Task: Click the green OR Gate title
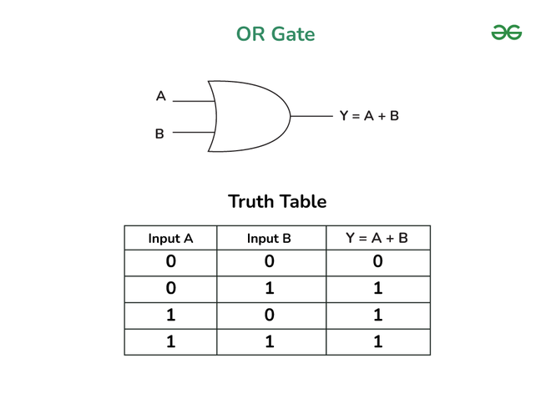click(275, 34)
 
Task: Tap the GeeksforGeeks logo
click(507, 33)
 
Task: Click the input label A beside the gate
click(161, 96)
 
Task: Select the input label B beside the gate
click(159, 134)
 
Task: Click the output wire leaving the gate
click(311, 116)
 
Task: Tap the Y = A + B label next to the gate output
click(369, 116)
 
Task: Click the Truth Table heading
click(277, 201)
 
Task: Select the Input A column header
click(171, 239)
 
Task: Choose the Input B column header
click(269, 239)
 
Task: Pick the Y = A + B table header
click(377, 238)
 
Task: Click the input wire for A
click(194, 101)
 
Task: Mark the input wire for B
click(194, 133)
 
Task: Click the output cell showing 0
click(377, 261)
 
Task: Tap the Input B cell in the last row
click(270, 341)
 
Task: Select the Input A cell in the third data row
click(171, 315)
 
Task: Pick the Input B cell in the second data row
click(270, 288)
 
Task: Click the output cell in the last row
click(377, 341)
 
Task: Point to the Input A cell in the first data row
click(171, 261)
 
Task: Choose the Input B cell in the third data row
click(270, 315)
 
